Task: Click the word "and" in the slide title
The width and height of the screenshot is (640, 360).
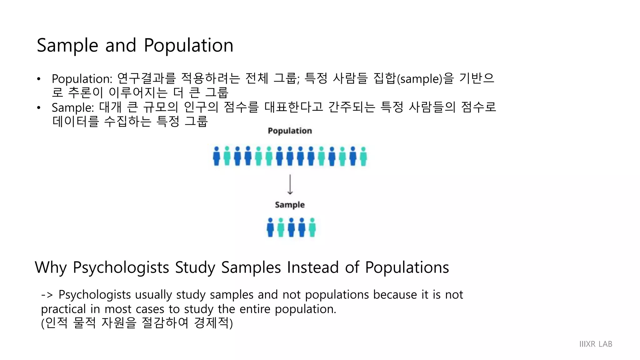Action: (121, 46)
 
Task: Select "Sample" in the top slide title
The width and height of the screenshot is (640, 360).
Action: (67, 46)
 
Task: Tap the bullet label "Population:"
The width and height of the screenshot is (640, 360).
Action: (82, 79)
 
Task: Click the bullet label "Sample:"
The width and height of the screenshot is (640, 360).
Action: (73, 107)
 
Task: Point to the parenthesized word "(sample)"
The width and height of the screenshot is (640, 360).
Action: (419, 79)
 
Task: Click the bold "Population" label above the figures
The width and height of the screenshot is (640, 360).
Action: (290, 131)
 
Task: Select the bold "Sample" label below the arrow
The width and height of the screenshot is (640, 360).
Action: (290, 205)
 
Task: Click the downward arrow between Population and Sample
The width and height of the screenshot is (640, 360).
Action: (290, 185)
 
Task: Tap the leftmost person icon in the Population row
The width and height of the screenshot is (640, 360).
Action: (216, 156)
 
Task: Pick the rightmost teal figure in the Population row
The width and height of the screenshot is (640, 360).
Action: (363, 156)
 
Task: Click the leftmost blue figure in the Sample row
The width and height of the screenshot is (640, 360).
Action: (270, 227)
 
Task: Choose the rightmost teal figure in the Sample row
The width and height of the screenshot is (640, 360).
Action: (312, 227)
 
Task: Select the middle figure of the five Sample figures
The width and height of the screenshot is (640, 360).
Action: (291, 227)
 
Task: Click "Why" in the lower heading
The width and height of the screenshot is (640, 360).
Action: (51, 268)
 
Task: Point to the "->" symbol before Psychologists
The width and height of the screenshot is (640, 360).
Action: (47, 295)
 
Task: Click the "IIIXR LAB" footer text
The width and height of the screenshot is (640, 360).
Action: (596, 344)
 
